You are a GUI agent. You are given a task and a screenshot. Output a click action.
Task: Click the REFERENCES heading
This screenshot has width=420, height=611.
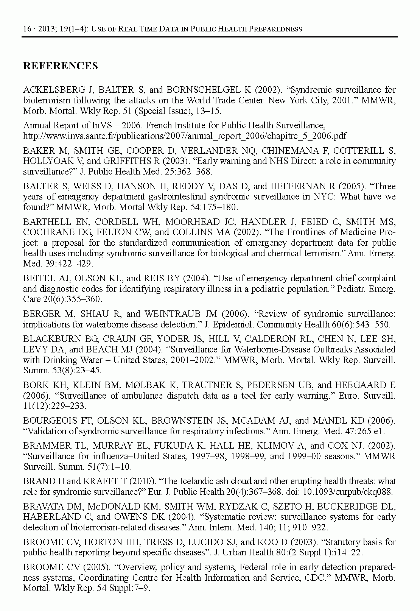point(61,66)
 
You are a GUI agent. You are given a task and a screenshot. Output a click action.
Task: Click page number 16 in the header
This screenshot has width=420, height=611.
point(27,29)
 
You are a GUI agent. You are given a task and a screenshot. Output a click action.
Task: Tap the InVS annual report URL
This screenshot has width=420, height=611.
point(185,136)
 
